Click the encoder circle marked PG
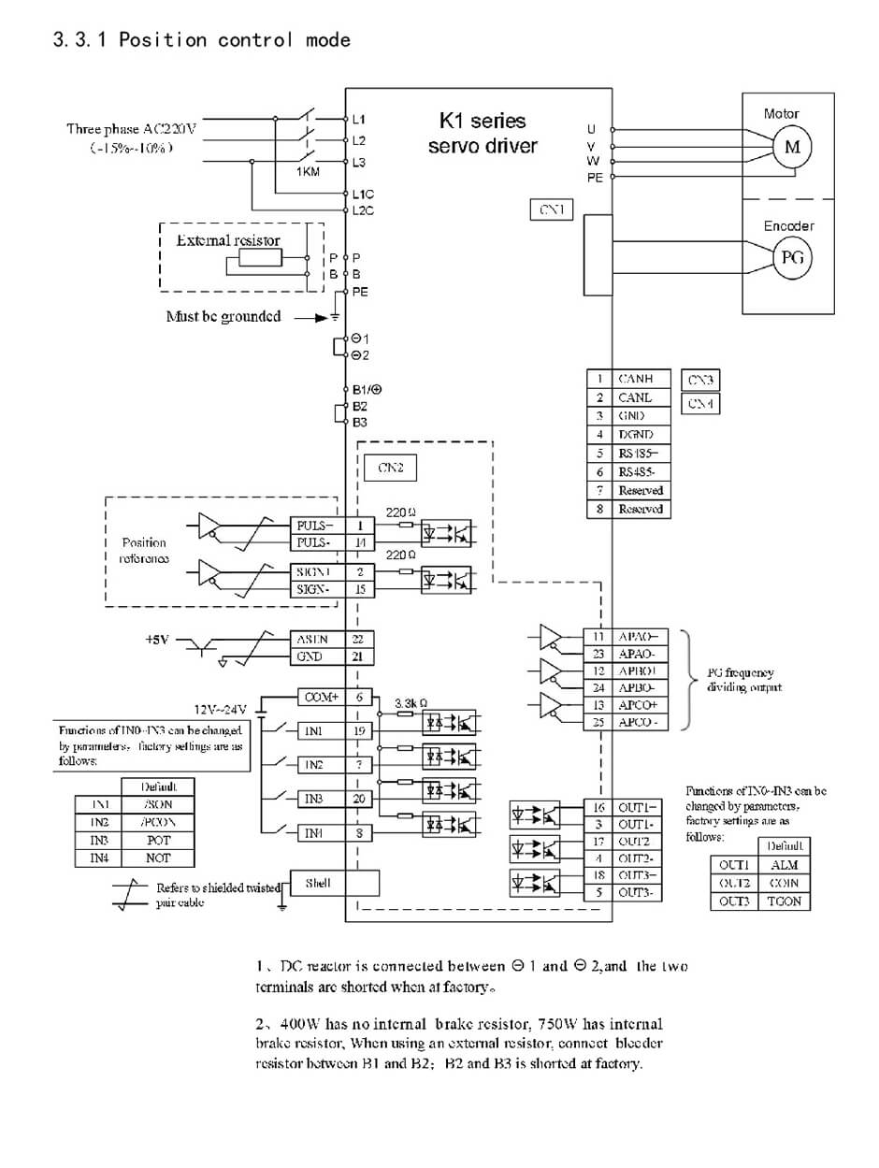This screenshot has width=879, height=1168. coord(792,259)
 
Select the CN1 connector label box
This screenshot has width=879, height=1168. coord(551,210)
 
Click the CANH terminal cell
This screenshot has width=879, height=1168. coord(641,379)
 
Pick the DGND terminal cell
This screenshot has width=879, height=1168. coord(641,434)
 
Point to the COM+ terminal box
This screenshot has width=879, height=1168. coord(321,697)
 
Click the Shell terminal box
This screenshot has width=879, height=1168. coord(318,883)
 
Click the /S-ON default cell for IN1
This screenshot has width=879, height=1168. coord(158,804)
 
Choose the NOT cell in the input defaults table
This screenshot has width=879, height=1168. coord(158,858)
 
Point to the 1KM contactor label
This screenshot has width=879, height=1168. coord(309,173)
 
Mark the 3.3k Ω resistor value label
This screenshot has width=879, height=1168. coord(411,701)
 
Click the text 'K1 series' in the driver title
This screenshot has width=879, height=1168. coord(483,122)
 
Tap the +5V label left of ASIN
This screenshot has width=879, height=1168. coord(157,640)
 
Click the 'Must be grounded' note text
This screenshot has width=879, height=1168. coord(223,316)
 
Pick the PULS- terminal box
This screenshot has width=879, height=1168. coord(313,542)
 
